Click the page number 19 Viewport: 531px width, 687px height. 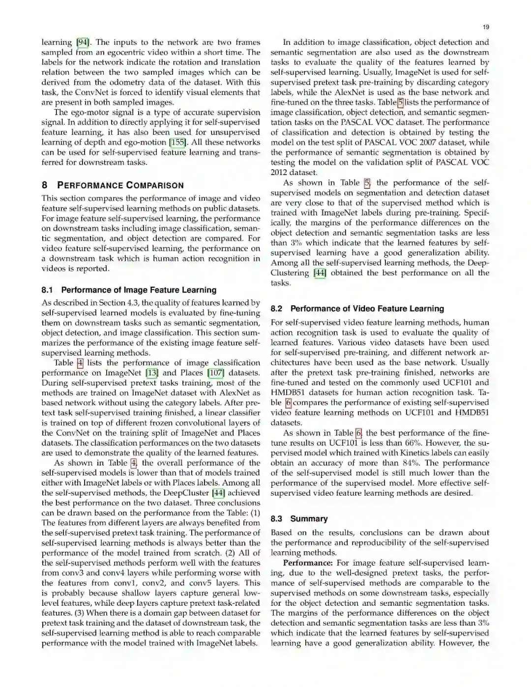(486, 27)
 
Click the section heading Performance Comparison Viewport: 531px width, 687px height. (120, 185)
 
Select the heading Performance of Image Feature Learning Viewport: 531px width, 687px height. (139, 290)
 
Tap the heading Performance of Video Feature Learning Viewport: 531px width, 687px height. (367, 309)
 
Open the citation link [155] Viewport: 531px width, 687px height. (177, 143)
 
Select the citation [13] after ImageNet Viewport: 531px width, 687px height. (151, 373)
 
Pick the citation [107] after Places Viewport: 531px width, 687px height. (215, 373)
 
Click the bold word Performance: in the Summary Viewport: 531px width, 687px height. (308, 563)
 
